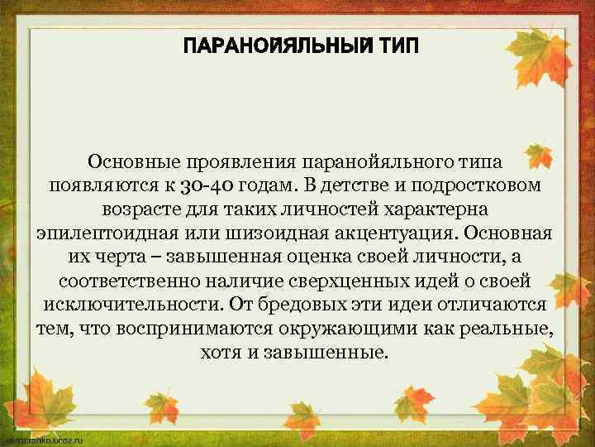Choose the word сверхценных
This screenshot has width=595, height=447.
[x=337, y=280]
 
